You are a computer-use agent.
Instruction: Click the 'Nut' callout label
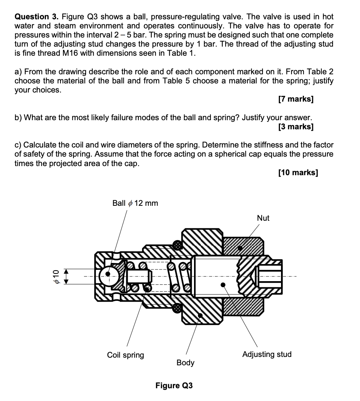coord(263,218)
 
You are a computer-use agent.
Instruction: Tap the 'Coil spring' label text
coord(126,355)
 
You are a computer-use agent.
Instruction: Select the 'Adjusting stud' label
coord(267,354)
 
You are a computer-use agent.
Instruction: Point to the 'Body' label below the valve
coord(185,363)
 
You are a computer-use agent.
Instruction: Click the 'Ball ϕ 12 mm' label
coord(135,203)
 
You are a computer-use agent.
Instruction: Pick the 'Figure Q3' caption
coord(174,385)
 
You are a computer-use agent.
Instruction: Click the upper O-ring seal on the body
coord(177,245)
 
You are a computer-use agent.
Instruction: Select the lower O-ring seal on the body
coord(177,308)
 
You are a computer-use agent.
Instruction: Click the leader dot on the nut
coord(240,248)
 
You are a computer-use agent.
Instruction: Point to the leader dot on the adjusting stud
coord(223,284)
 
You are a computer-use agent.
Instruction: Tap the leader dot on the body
coord(199,315)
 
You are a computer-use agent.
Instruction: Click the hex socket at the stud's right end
coord(270,276)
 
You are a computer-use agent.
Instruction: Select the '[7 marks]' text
coord(295,99)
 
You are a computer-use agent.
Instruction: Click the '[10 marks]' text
coord(297,172)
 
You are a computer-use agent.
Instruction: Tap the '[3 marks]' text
coord(295,127)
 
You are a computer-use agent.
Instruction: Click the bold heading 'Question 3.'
coord(36,17)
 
